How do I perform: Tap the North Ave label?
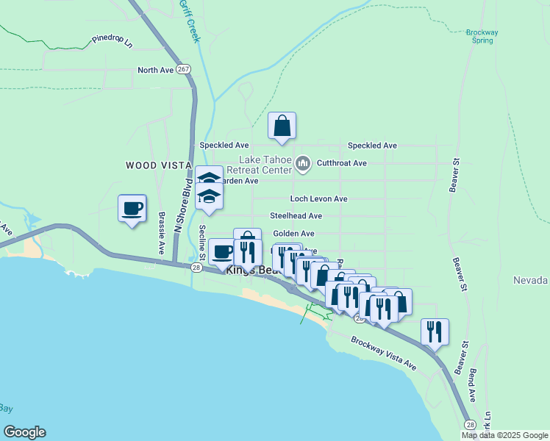[155, 71]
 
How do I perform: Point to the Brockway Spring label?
[482, 36]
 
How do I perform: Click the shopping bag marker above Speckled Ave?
[282, 126]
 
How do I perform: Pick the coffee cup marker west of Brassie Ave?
[132, 209]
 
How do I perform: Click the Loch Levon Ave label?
[318, 199]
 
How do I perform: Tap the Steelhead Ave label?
[296, 216]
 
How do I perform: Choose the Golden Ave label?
[294, 234]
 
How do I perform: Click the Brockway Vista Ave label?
[384, 354]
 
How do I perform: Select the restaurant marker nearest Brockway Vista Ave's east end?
[435, 332]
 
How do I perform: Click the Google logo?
[24, 432]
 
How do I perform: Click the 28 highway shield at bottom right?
[470, 424]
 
